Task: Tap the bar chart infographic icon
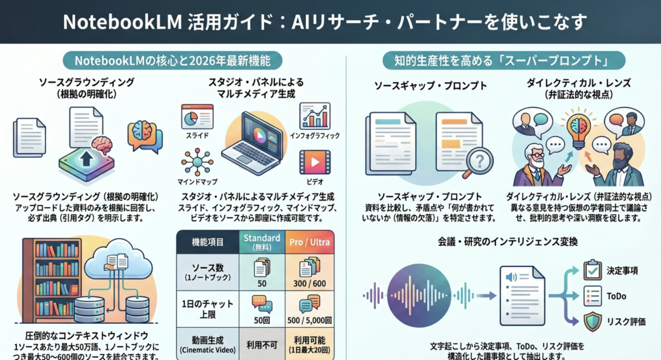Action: click(315, 117)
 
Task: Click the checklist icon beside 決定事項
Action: click(592, 270)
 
